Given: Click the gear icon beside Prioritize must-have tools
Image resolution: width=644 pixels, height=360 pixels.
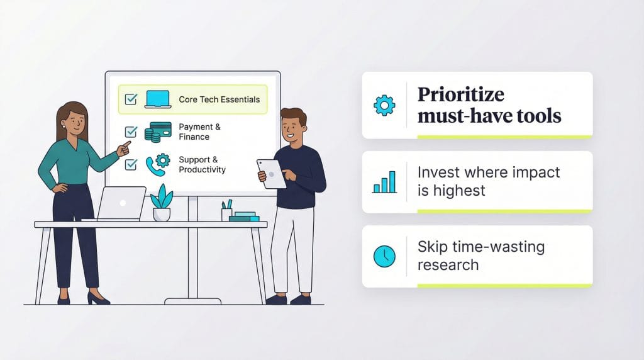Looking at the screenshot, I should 384,105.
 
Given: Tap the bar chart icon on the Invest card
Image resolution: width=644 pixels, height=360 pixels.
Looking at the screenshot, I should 384,182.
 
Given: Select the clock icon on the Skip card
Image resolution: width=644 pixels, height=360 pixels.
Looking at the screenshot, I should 384,256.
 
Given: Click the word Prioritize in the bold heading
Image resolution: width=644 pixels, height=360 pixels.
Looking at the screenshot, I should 461,95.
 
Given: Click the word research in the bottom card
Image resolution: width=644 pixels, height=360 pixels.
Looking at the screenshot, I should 448,264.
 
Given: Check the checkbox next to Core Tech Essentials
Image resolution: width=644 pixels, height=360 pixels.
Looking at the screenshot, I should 131,99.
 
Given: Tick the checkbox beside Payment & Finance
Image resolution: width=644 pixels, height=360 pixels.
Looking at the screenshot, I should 131,132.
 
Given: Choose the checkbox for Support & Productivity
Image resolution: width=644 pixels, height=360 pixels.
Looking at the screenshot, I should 131,164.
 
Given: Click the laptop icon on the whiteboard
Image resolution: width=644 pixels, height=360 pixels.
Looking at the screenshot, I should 158,99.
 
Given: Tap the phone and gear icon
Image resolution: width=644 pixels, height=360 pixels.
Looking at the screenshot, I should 158,164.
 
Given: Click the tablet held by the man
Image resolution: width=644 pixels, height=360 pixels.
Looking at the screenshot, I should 272,173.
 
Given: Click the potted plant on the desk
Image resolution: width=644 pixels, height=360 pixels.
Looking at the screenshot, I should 162,203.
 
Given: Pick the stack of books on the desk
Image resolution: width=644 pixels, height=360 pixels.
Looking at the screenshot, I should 244,217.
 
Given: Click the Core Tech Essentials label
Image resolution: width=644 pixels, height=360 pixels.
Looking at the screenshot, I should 219,99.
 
